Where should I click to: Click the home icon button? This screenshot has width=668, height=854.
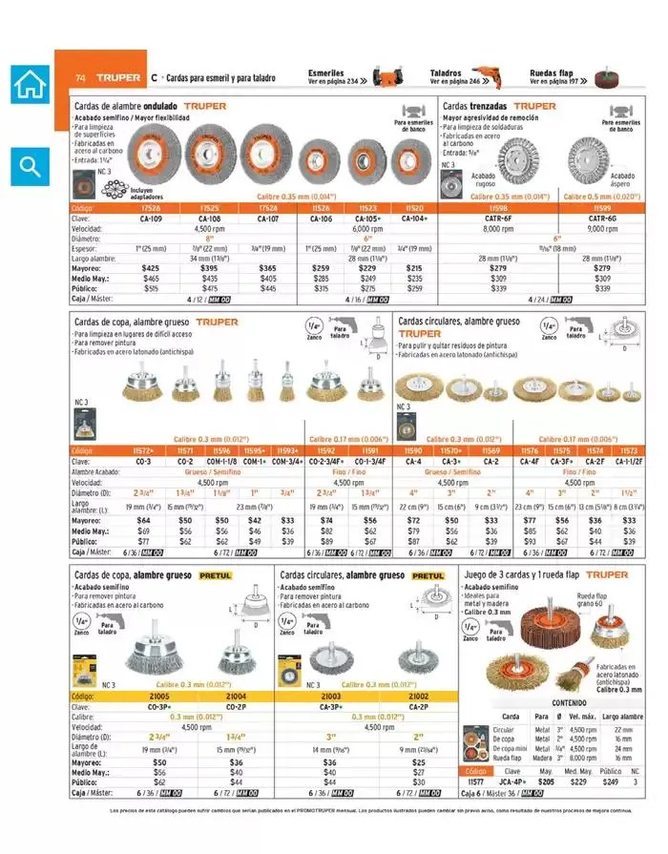click(x=30, y=84)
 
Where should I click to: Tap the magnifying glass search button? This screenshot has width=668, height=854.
click(x=30, y=167)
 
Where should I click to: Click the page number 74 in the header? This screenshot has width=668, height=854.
click(x=80, y=77)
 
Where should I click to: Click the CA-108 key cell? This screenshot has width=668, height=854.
click(x=210, y=219)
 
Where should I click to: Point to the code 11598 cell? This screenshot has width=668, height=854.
click(x=498, y=208)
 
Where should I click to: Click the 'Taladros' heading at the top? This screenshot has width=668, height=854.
click(x=446, y=73)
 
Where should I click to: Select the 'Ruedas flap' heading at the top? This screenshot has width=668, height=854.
click(x=552, y=73)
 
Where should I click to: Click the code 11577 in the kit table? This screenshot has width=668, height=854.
click(x=476, y=781)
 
